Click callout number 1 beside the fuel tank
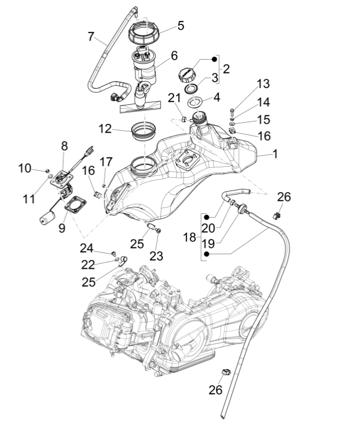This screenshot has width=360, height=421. pyautogui.click(x=275, y=154)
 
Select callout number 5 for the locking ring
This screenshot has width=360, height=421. pyautogui.click(x=181, y=25)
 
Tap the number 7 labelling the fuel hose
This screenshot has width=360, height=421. pyautogui.click(x=91, y=36)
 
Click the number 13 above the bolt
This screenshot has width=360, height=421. pyautogui.click(x=263, y=84)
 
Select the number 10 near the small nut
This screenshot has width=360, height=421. pyautogui.click(x=24, y=168)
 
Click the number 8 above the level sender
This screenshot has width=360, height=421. pyautogui.click(x=64, y=147)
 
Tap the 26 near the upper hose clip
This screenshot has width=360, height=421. pyautogui.click(x=284, y=197)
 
